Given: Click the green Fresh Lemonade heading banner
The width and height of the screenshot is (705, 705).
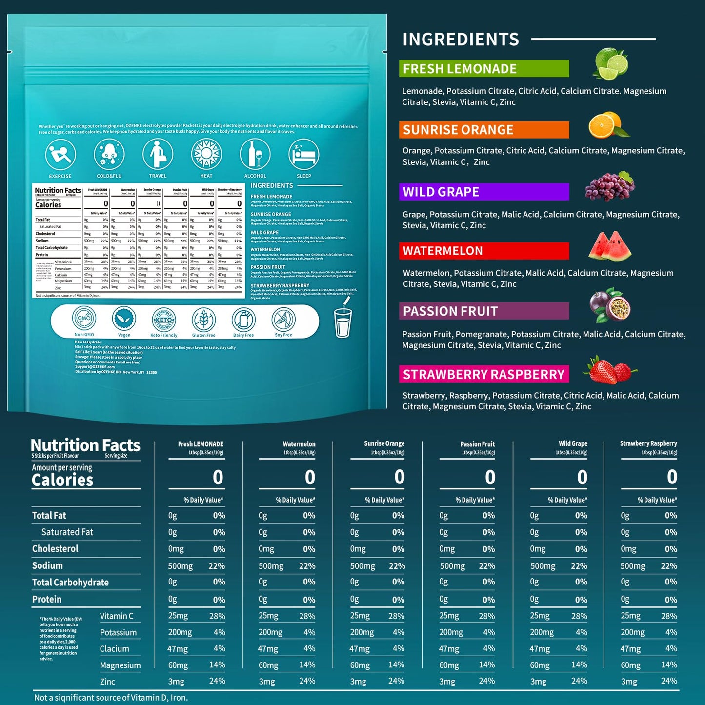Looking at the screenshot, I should point(483,69).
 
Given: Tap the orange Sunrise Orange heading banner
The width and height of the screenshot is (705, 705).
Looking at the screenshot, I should point(483,130).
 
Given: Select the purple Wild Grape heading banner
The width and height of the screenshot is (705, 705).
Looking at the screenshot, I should point(483,192).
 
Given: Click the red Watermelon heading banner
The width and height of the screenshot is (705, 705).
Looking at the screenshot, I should point(483,251).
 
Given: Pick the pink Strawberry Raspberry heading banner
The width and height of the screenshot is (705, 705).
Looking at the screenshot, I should point(483,374).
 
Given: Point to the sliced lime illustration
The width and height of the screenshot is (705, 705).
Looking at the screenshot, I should point(610,64).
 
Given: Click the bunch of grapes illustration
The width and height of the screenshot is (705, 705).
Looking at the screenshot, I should point(609,186).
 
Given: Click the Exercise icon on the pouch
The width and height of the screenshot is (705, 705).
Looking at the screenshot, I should point(60,155).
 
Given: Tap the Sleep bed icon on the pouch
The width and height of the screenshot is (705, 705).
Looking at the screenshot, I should point(303,155).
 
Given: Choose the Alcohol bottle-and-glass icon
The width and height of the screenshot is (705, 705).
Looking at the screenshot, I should point(255,155).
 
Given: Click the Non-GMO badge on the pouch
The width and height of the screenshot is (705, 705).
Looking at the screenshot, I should point(84,319).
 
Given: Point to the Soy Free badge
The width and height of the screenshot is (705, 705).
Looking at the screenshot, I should point(283,319).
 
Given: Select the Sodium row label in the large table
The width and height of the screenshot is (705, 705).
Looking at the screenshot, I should point(48,565).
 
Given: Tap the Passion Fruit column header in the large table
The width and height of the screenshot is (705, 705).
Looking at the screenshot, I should point(477,444).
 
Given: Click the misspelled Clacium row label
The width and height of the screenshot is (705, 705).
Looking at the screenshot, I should point(115,649).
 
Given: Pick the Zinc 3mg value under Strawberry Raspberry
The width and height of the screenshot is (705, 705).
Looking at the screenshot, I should point(629,682).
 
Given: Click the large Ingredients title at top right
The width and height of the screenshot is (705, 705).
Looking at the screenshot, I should point(461,40).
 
